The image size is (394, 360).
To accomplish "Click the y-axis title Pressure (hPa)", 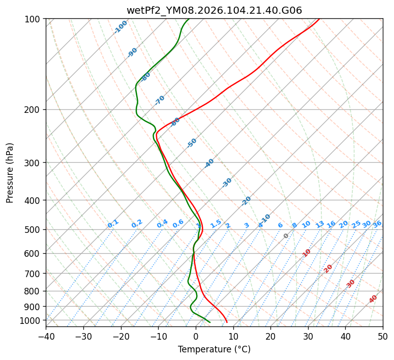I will (10, 173).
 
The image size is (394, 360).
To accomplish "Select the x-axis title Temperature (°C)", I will (214, 350).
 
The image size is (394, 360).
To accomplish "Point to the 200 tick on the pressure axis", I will (35, 109).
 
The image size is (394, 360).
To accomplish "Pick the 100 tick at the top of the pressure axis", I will (35, 19).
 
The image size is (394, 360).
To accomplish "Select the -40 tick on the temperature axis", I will (46, 337).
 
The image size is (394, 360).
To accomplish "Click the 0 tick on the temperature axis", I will (196, 337).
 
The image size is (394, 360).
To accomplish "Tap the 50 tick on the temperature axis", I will (383, 337).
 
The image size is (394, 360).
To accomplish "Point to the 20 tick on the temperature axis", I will (270, 337).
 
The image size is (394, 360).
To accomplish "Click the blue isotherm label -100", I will (120, 26).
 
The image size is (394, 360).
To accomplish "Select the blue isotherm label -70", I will (160, 100).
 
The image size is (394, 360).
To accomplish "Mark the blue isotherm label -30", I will (227, 183).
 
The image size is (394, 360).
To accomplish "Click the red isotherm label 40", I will (373, 299).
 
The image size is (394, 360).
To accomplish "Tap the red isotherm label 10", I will (307, 253).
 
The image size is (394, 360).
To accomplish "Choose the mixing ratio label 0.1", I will (113, 223).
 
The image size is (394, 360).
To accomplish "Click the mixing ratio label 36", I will (377, 224).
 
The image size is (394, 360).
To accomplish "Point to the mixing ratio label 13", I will (320, 224).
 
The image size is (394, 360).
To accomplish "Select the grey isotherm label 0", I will (286, 236).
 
